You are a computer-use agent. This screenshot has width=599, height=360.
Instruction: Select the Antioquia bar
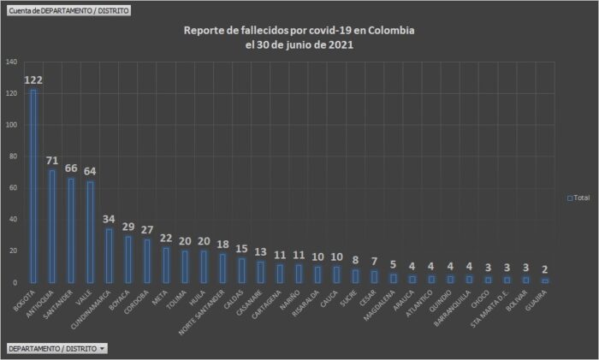pyautogui.click(x=52, y=226)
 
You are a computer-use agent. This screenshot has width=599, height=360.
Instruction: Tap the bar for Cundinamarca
pyautogui.click(x=109, y=255)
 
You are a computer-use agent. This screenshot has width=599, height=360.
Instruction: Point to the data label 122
pyautogui.click(x=33, y=80)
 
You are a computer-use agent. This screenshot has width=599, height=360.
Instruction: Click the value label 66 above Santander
pyautogui.click(x=71, y=169)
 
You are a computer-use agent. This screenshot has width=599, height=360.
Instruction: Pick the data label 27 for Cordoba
pyautogui.click(x=146, y=230)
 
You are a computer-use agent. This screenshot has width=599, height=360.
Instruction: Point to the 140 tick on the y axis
pyautogui.click(x=10, y=62)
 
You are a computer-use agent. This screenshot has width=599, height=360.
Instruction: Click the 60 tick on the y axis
pyautogui.click(x=12, y=188)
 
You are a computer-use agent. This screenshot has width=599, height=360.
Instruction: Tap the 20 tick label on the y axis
pyautogui.click(x=12, y=251)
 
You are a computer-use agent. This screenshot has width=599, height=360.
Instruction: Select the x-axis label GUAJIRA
pyautogui.click(x=537, y=301)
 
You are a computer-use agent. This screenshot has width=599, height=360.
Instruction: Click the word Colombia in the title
pyautogui.click(x=388, y=31)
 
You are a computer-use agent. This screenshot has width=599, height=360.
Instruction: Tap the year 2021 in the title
pyautogui.click(x=339, y=45)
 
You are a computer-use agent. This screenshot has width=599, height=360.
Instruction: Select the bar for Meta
pyautogui.click(x=165, y=265)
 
